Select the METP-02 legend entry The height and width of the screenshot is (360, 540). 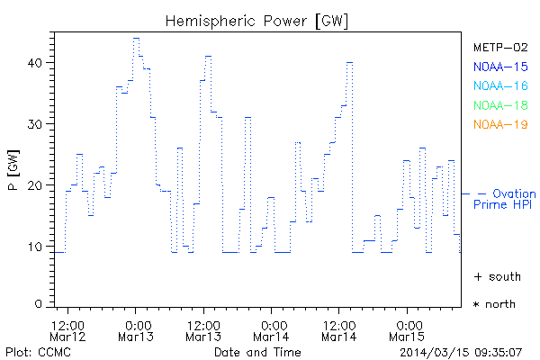pyautogui.click(x=494, y=47)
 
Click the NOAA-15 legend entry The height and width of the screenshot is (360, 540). pyautogui.click(x=494, y=66)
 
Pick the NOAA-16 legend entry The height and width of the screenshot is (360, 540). pyautogui.click(x=494, y=85)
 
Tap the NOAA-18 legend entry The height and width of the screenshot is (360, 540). pyautogui.click(x=494, y=105)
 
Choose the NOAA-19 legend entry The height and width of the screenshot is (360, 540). pyautogui.click(x=494, y=124)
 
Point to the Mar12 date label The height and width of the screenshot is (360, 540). pyautogui.click(x=68, y=337)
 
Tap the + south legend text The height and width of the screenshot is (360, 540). pyautogui.click(x=494, y=275)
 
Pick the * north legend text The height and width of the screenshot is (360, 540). pyautogui.click(x=494, y=304)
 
